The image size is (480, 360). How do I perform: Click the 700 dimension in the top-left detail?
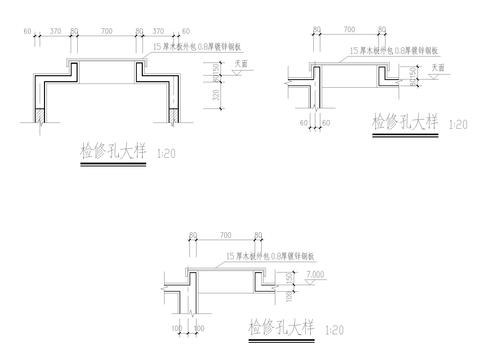click(x=107, y=33)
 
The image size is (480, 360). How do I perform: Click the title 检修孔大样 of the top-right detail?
click(x=405, y=122)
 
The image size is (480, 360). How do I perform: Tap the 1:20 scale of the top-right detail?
click(x=459, y=125)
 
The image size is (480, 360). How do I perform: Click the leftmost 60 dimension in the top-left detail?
click(x=28, y=33)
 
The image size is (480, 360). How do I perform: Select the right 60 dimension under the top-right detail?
click(x=325, y=124)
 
